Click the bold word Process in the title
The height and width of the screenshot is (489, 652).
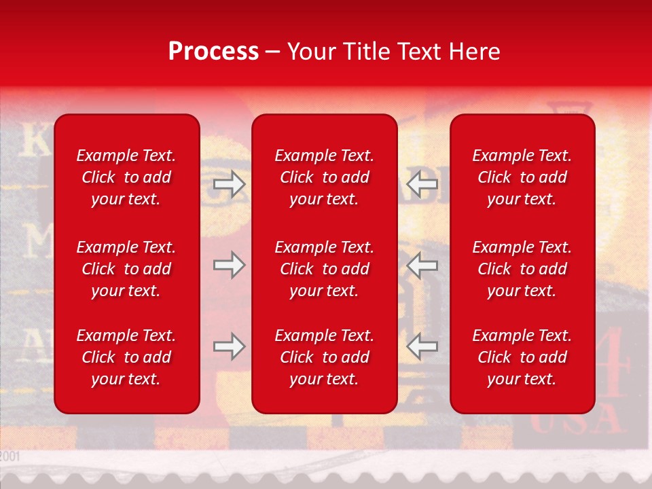(213, 52)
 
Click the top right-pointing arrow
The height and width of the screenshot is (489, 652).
(229, 184)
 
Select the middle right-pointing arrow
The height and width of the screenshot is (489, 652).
(229, 265)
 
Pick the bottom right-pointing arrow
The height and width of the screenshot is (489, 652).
(229, 346)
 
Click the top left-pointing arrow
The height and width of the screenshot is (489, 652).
(422, 184)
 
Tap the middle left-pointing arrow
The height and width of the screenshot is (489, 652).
(422, 265)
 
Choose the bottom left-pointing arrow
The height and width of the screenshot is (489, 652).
(422, 346)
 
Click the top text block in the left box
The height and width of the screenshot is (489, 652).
(126, 177)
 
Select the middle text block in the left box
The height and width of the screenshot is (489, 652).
(126, 269)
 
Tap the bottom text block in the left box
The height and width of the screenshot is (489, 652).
(126, 357)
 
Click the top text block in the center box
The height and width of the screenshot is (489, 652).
(324, 177)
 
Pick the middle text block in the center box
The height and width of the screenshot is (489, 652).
(324, 269)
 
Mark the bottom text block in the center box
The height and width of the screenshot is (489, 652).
(324, 357)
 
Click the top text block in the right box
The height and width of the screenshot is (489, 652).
(522, 177)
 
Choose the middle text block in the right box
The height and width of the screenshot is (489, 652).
(522, 269)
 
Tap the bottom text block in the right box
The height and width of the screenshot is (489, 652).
(522, 357)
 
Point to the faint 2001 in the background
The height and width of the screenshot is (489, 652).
(10, 456)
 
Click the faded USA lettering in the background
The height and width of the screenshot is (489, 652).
(577, 425)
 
